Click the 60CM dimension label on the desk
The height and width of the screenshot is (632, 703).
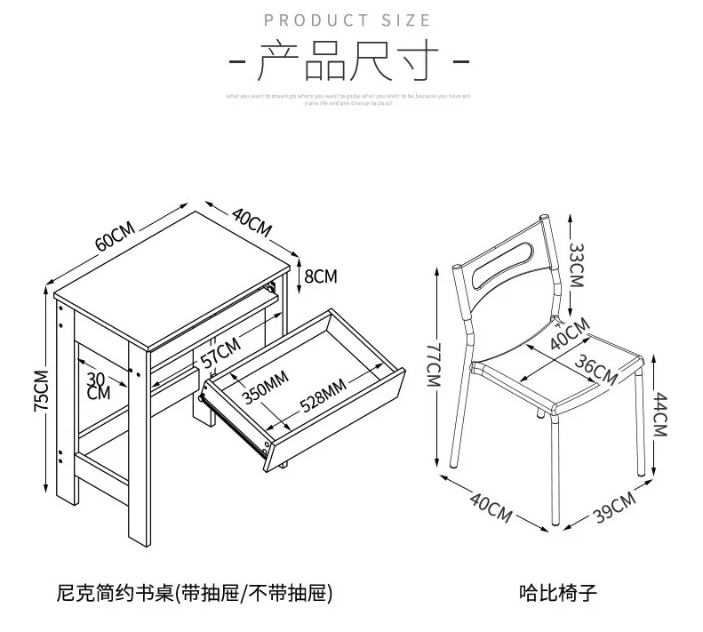click(x=116, y=236)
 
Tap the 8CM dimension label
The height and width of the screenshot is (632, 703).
click(x=320, y=276)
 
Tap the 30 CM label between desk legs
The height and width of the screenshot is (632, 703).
click(x=99, y=385)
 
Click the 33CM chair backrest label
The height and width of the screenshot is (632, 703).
click(x=577, y=265)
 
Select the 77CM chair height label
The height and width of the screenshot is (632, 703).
click(x=433, y=365)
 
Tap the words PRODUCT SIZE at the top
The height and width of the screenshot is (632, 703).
click(x=348, y=20)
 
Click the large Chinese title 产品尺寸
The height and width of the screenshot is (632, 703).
click(x=348, y=64)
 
